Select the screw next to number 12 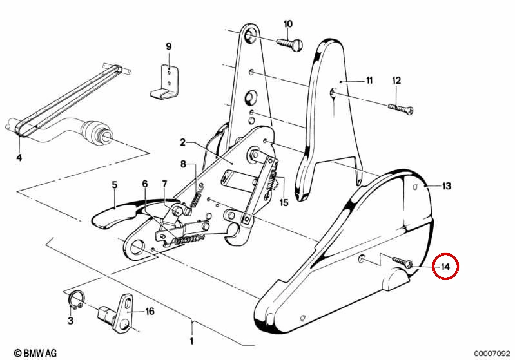coord(401,109)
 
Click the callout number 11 coord(369,81)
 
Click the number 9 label coord(169,46)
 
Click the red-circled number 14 coord(445,267)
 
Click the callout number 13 coord(446,186)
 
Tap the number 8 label coord(183,164)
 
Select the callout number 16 coord(150,311)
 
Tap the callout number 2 coord(182,142)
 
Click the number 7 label coord(164,184)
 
